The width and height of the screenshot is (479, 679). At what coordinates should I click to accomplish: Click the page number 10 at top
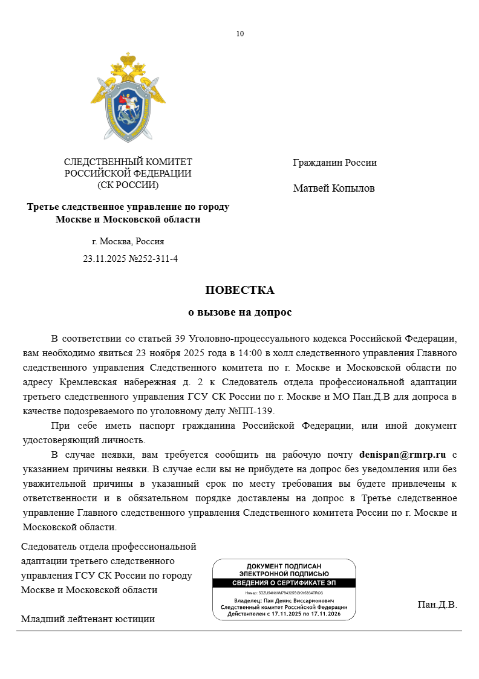[240, 34]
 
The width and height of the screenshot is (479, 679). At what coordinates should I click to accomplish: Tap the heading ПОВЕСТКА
[239, 290]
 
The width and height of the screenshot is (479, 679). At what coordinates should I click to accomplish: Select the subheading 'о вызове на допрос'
[239, 313]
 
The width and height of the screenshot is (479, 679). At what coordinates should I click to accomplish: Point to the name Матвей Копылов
[334, 189]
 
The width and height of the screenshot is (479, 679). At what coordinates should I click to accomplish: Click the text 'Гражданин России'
[334, 163]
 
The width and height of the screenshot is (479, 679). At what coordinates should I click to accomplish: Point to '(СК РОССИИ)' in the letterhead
[128, 185]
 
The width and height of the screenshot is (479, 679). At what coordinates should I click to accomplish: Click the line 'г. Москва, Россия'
[128, 241]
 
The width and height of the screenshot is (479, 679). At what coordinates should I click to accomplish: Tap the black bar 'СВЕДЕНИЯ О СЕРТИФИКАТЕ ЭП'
[284, 583]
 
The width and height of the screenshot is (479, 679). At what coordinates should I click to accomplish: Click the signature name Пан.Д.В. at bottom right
[437, 605]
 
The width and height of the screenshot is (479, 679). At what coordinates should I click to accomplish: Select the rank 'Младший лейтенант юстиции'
[88, 619]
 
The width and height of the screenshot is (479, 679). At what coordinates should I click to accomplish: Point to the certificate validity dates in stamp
[284, 614]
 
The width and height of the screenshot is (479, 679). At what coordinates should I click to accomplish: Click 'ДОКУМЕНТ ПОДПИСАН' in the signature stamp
[284, 566]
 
